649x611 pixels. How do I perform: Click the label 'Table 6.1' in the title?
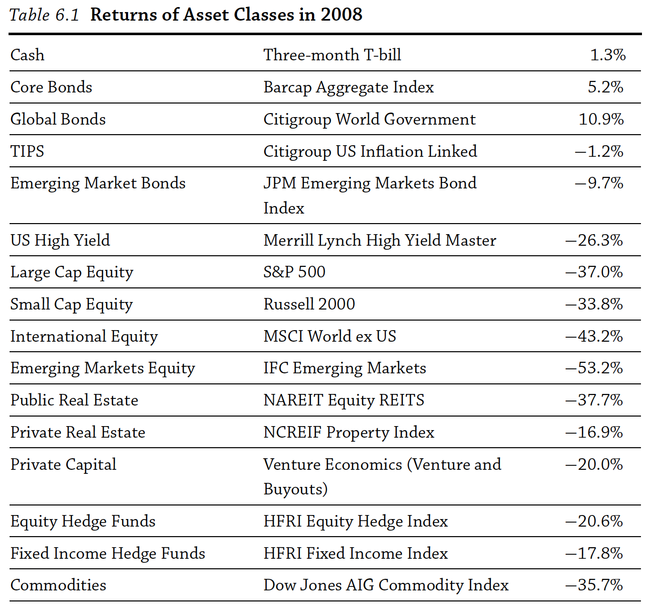[44, 15]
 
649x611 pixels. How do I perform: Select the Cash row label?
[28, 55]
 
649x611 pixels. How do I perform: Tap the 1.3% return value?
[607, 55]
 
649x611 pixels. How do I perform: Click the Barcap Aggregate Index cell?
[348, 87]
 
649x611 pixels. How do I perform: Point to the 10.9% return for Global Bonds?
[601, 119]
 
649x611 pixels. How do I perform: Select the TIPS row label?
[28, 151]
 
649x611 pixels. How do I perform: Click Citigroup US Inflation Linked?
[370, 151]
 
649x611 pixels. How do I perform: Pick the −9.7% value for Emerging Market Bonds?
[599, 183]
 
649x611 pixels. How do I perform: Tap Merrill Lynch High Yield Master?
[379, 240]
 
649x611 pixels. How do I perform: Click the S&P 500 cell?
[294, 272]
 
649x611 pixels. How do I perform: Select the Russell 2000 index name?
[309, 304]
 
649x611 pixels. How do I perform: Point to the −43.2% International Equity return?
[594, 336]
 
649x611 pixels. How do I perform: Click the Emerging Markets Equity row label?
[102, 368]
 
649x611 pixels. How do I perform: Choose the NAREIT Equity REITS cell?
[344, 400]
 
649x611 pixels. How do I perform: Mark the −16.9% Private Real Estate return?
[594, 432]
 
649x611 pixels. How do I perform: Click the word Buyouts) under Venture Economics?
[295, 489]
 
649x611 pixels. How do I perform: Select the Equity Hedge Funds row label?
[83, 521]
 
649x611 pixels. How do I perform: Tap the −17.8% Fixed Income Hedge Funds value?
[594, 553]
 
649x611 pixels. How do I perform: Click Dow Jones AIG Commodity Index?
[386, 585]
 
